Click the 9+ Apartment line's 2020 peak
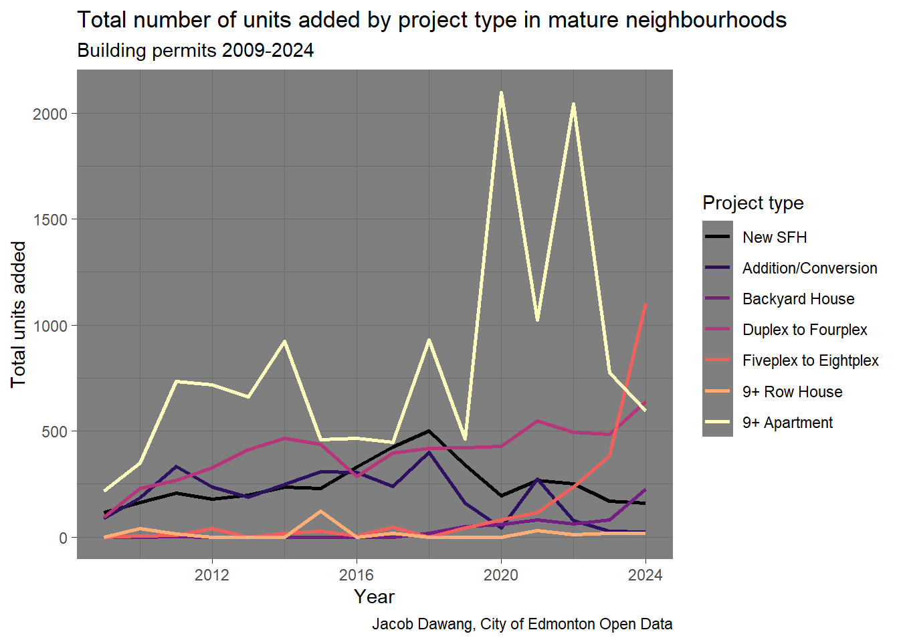[501, 93]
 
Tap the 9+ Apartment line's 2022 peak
[573, 104]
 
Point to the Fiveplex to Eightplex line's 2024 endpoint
[645, 305]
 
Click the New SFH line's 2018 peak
[429, 431]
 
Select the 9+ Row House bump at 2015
[320, 512]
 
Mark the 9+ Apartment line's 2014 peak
[284, 341]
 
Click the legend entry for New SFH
[775, 237]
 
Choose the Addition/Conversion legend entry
[809, 268]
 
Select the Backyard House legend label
[798, 299]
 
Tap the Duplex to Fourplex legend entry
[804, 330]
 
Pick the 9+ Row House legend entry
[792, 392]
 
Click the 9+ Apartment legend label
[787, 423]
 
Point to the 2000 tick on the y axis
[50, 114]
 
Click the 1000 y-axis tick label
[50, 326]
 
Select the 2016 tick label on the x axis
[357, 575]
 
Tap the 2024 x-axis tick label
[645, 575]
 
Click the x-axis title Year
[374, 597]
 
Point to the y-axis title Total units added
[18, 314]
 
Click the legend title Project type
[753, 203]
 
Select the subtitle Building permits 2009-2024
[195, 51]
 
